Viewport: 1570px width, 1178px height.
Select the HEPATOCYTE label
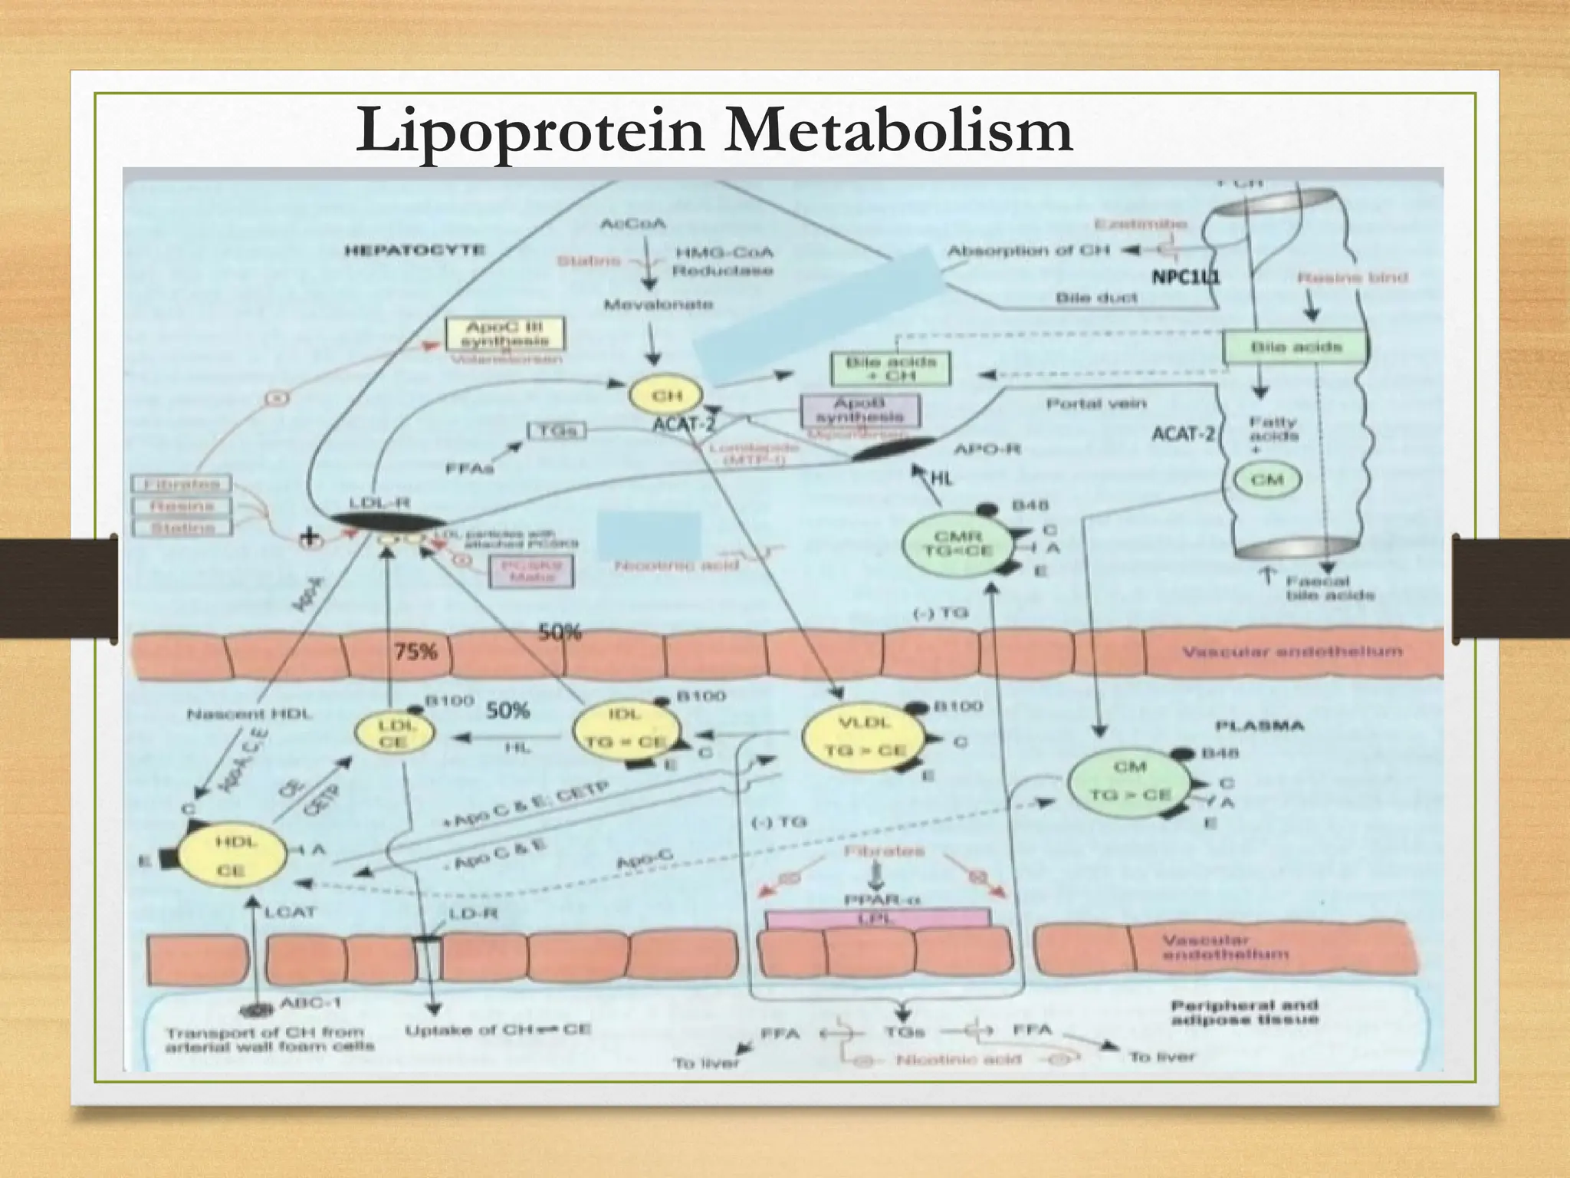[415, 251]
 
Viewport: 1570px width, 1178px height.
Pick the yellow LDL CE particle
[394, 733]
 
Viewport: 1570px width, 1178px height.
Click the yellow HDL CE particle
[232, 856]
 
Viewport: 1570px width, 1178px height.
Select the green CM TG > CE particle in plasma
[1129, 781]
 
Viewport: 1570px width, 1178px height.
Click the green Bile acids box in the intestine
[1296, 347]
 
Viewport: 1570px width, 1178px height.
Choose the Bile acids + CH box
[889, 369]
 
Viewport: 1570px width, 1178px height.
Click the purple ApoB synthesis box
[859, 410]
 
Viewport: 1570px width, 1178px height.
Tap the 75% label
[415, 652]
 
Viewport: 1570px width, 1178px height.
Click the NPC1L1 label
[1185, 277]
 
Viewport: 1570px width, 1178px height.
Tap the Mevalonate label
[659, 304]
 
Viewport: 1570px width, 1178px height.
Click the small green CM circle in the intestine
[1266, 480]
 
